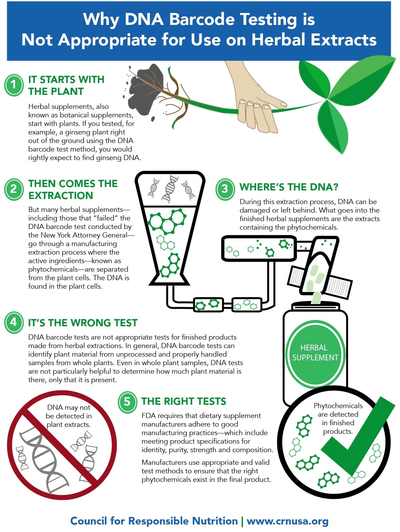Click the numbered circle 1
tap(14, 85)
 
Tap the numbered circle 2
tap(14, 189)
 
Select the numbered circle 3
tap(225, 189)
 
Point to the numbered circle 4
tap(14, 322)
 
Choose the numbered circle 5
tap(127, 402)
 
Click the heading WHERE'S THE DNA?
tap(289, 187)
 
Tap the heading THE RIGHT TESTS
tap(184, 401)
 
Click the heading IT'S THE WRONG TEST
tap(83, 323)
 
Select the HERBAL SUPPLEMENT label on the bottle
tap(315, 353)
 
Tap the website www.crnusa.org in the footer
tap(287, 521)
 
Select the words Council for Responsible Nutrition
tap(154, 521)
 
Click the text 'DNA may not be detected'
tap(69, 412)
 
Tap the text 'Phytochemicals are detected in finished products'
tap(338, 419)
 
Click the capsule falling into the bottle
tap(316, 298)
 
